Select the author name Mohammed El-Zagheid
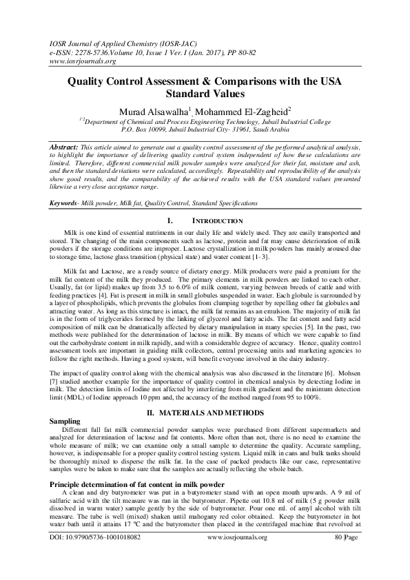247,112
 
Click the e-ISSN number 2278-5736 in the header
83,51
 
